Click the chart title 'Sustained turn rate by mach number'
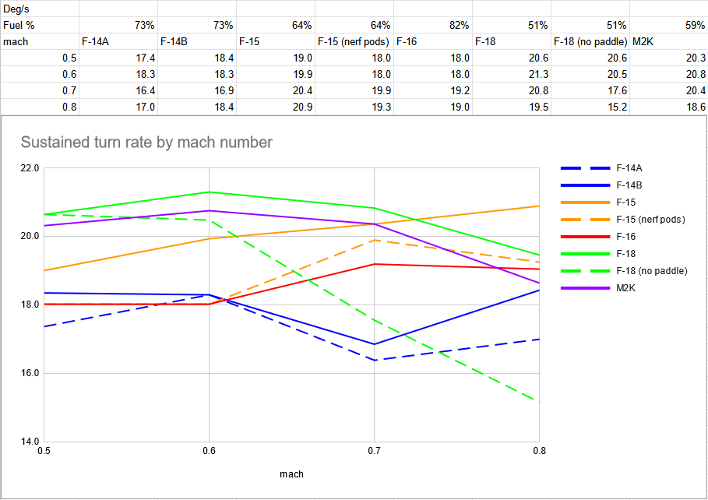pos(146,143)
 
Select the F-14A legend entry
pos(601,168)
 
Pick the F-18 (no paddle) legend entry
pos(624,271)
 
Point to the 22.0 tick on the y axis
pos(30,168)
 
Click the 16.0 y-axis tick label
pos(30,373)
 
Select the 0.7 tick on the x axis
pos(375,451)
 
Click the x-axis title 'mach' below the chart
pos(291,474)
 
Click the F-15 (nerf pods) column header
pos(353,41)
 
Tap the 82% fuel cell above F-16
pos(459,25)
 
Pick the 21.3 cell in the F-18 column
pos(538,74)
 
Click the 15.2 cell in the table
pos(617,107)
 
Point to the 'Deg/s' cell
pos(16,9)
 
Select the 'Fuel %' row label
pos(19,25)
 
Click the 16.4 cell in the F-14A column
pos(145,91)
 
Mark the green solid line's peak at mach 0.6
pos(209,192)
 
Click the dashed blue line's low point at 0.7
pos(375,360)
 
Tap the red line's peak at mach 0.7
pos(375,264)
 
